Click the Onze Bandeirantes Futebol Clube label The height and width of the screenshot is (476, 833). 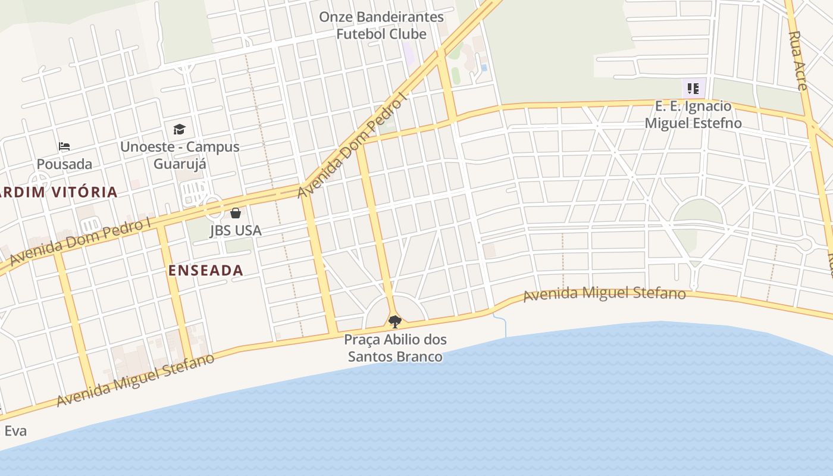tap(381, 26)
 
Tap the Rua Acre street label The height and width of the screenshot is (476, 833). tap(797, 59)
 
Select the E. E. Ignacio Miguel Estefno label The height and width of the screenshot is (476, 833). tap(693, 115)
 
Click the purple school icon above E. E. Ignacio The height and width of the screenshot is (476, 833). tap(693, 89)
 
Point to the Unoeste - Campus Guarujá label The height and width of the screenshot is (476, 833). tap(180, 155)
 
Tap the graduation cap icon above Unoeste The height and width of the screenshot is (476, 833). tap(179, 129)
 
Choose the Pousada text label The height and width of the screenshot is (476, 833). tap(64, 164)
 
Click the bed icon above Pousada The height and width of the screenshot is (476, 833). tap(64, 146)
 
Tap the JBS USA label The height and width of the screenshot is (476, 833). tap(236, 231)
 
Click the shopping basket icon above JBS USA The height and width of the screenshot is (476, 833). tap(236, 213)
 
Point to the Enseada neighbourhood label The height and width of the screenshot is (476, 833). tap(206, 270)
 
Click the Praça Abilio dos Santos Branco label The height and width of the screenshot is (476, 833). tap(395, 348)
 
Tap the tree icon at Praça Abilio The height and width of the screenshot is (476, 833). tap(394, 322)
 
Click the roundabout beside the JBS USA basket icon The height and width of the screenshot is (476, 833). tap(214, 209)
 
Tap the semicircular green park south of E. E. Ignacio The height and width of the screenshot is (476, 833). tap(697, 212)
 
